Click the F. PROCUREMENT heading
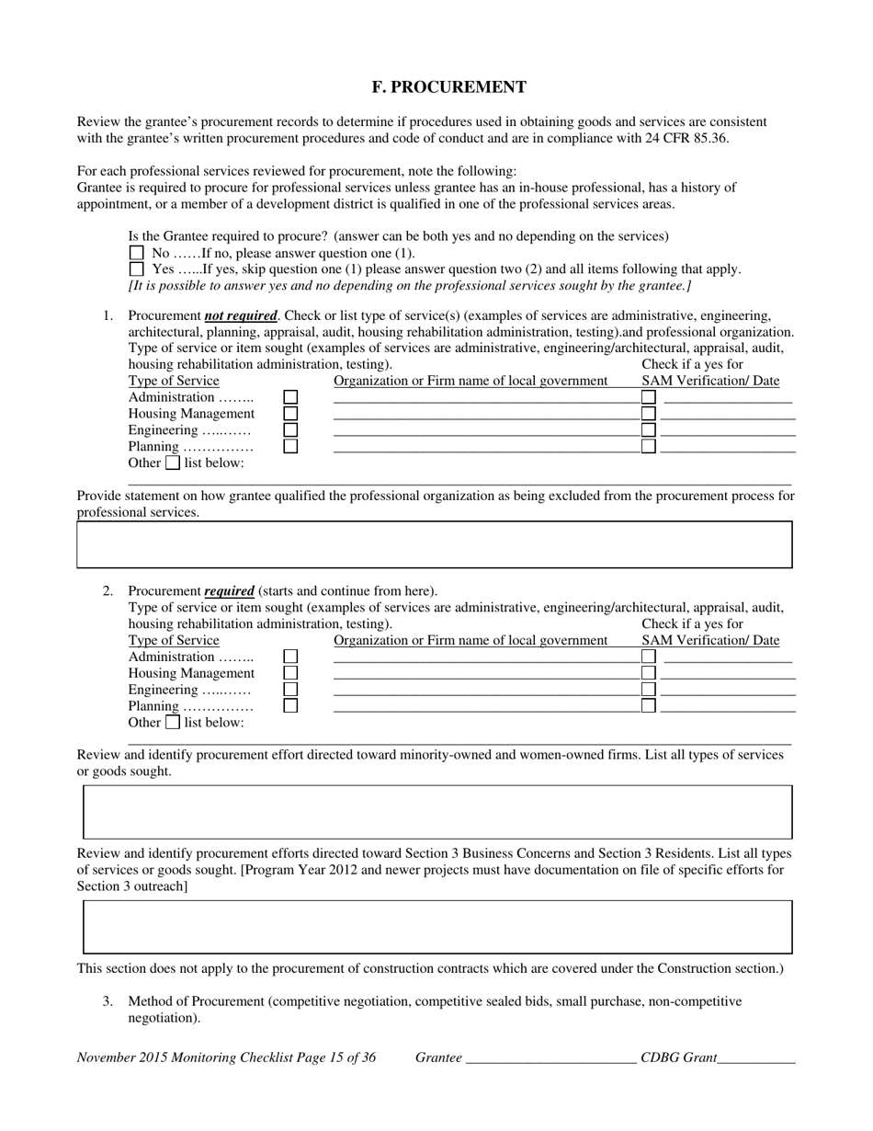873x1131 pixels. coord(448,87)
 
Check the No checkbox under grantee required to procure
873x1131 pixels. coord(137,253)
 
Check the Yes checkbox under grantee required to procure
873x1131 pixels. coord(137,269)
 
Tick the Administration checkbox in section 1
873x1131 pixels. coord(290,397)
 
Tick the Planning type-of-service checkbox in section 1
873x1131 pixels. coord(290,447)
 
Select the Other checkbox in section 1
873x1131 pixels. coord(172,463)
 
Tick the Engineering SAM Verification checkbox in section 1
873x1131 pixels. coord(649,430)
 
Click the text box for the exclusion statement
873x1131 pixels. coord(434,544)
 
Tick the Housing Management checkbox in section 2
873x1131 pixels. coord(290,673)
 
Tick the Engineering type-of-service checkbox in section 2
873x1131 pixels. coord(290,690)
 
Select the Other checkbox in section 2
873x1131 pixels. coord(172,722)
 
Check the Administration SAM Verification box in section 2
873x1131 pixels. coord(649,657)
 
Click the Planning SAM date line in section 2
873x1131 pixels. coord(728,708)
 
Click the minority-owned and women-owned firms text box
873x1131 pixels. coord(437,812)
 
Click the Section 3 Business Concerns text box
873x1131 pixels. coord(437,926)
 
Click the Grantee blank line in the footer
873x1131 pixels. coord(551,1059)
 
